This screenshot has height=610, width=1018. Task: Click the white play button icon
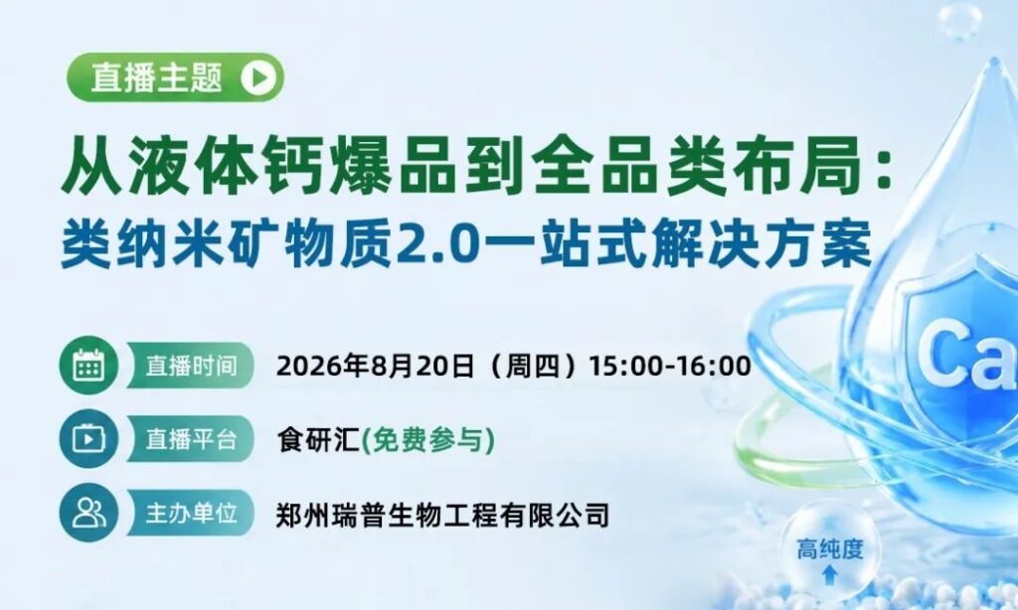point(258,77)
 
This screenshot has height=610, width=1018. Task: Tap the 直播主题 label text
point(156,77)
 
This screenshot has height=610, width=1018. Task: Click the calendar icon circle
point(88,366)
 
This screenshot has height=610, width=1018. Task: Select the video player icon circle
point(88,439)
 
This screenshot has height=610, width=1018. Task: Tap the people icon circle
point(88,513)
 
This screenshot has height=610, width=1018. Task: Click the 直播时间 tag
point(190,366)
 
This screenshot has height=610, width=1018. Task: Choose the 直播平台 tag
point(190,439)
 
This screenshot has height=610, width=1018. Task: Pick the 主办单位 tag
point(190,513)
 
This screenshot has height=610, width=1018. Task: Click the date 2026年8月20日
point(375,366)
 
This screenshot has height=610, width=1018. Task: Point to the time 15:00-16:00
point(669,366)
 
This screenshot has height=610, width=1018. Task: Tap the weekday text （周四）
point(532,366)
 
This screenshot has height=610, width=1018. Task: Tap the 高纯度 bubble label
point(830,549)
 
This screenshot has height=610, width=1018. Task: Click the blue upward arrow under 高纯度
point(830,574)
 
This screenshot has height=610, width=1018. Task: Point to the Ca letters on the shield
point(967,357)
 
